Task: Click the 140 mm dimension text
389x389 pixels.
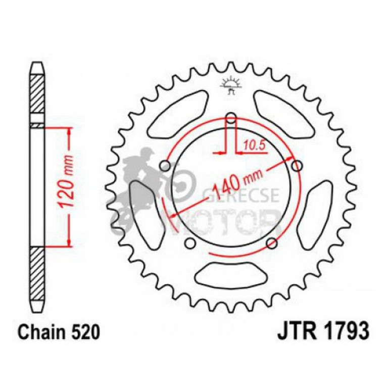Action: [x=237, y=183]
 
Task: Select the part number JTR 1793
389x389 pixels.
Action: [x=323, y=333]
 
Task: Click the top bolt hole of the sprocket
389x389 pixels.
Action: [x=231, y=119]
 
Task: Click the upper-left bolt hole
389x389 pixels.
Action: [x=165, y=166]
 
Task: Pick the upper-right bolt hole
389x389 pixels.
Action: [x=297, y=166]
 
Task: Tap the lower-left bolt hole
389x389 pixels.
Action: [x=190, y=244]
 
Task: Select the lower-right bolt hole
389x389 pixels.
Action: [x=272, y=244]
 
